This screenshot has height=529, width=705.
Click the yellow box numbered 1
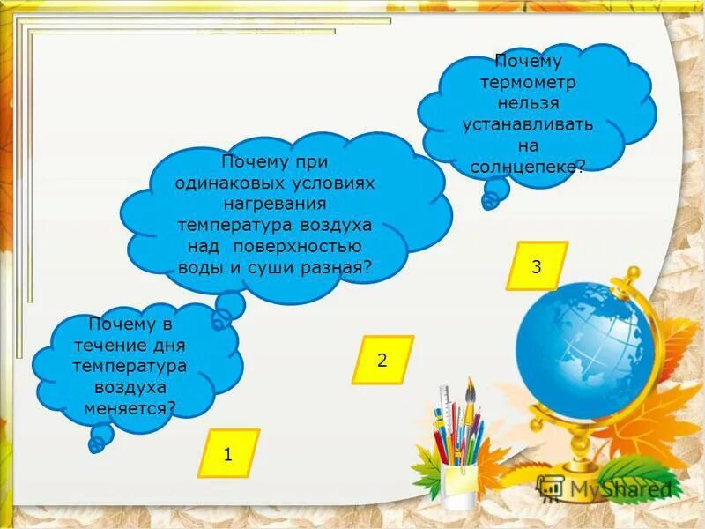point(228,454)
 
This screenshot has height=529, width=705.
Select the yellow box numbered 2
point(382,360)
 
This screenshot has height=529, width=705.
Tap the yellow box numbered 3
point(536,265)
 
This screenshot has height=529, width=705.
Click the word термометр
point(528,82)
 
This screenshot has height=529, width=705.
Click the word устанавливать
point(528,124)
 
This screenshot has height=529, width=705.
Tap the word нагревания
point(274,204)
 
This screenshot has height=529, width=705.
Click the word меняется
point(129,407)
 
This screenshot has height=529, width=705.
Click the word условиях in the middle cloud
point(332,183)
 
